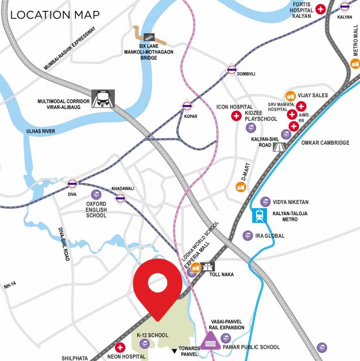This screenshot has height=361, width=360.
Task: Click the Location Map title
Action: pos(55,15)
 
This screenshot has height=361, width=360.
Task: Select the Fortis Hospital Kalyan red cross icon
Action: pos(321,9)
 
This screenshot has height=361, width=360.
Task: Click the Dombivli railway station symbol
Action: pos(231,70)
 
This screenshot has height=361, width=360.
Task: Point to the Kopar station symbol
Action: pos(187,106)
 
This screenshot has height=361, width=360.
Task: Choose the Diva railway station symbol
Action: pos(72,183)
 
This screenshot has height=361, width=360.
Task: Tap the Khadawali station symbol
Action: pos(121,198)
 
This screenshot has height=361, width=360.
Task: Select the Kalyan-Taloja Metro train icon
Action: pos(259,216)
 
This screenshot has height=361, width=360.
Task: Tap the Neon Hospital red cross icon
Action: pos(120,348)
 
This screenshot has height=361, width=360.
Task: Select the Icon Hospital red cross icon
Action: pos(235,116)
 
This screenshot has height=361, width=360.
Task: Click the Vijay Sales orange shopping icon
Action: pos(290,95)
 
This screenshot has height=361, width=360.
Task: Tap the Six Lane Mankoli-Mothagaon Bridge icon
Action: pos(149,36)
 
